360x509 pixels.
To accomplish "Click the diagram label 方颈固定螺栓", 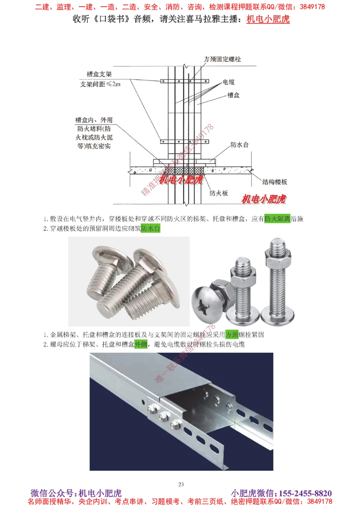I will click(x=222, y=59).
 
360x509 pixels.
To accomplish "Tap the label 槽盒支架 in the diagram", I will click(x=99, y=74).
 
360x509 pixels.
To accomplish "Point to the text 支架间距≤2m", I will click(x=100, y=84).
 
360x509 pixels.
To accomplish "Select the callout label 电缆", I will click(x=228, y=82).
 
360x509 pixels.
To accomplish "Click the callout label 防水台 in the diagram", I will click(x=239, y=145).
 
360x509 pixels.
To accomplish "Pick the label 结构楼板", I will click(x=275, y=182).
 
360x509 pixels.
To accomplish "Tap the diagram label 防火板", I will click(x=219, y=193).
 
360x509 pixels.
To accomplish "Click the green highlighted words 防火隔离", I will click(x=277, y=219).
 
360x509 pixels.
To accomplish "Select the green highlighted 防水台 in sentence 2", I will click(x=150, y=228).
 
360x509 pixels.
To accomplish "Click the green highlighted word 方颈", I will click(x=232, y=335).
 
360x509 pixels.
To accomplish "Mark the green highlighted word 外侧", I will click(x=141, y=344).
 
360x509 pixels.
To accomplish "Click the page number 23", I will click(x=181, y=484).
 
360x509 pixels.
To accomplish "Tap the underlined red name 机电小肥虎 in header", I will click(x=268, y=19).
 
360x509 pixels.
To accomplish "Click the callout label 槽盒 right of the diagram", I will click(x=233, y=95).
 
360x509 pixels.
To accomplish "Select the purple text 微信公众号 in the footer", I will click(x=53, y=493).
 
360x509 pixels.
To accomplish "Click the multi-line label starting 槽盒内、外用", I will click(x=94, y=133).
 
